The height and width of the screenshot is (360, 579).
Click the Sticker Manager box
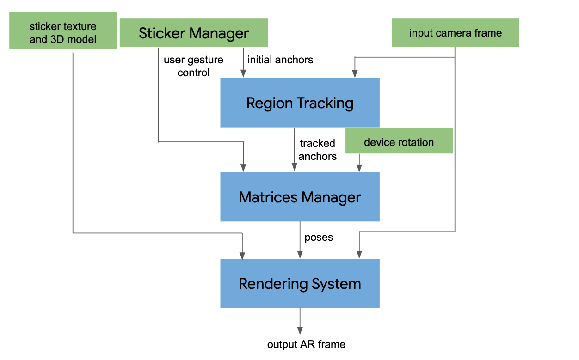coord(194,33)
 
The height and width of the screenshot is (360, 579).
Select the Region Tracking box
coord(300,103)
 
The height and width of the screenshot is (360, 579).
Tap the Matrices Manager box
coord(300,197)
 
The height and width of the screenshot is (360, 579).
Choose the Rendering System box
coord(300,283)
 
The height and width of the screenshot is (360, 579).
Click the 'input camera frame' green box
coord(456,33)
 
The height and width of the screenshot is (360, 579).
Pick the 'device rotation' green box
coord(399,141)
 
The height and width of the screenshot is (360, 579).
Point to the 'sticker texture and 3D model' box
coord(63,31)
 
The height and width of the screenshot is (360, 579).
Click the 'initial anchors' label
coord(280,60)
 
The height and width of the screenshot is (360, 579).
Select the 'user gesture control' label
coord(193,66)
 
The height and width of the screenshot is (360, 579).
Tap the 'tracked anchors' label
coord(317,150)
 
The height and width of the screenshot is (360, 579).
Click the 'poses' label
coord(319,238)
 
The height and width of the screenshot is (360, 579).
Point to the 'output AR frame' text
coord(306,344)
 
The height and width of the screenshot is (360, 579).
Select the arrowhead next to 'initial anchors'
coord(243,74)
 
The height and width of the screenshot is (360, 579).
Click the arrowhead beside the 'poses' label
coord(300,255)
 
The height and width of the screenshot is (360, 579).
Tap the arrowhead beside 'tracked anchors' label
coord(294,168)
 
